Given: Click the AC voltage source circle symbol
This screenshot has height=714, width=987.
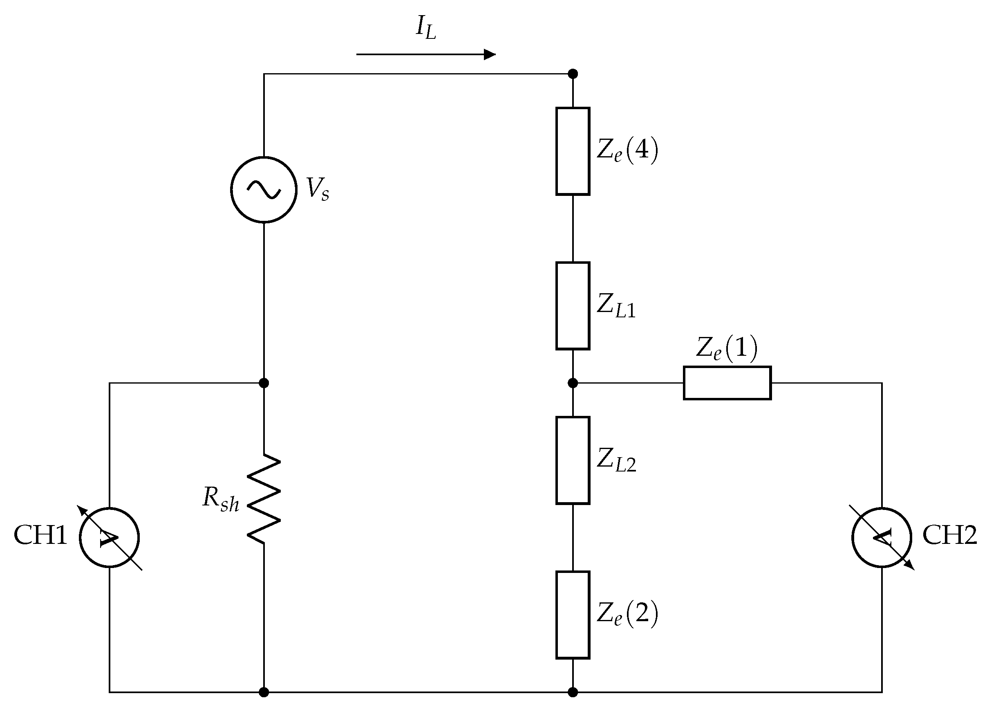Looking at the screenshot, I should pyautogui.click(x=264, y=190).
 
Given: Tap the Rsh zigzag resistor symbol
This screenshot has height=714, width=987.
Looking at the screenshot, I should pyautogui.click(x=264, y=498).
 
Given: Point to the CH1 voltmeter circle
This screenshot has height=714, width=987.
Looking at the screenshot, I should pyautogui.click(x=109, y=538).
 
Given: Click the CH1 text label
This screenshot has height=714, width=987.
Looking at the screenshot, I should pyautogui.click(x=40, y=536).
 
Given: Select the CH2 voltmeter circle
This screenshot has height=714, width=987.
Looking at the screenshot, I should pyautogui.click(x=882, y=538).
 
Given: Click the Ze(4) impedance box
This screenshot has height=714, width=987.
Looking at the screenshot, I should pyautogui.click(x=573, y=151).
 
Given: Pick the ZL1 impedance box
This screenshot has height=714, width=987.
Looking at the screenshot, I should pyautogui.click(x=573, y=305).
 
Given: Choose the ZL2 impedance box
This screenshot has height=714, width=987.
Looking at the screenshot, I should pyautogui.click(x=573, y=460).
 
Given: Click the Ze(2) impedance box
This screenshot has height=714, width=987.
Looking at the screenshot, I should pyautogui.click(x=573, y=615).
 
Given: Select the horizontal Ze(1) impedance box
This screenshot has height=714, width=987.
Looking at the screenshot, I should pyautogui.click(x=727, y=383).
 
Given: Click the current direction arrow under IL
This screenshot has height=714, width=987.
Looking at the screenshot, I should pyautogui.click(x=425, y=54).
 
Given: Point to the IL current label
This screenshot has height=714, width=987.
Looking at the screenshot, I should pyautogui.click(x=425, y=29).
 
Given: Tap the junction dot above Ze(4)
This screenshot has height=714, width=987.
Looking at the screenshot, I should pyautogui.click(x=573, y=74).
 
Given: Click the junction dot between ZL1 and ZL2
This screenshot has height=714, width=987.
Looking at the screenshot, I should pyautogui.click(x=573, y=383).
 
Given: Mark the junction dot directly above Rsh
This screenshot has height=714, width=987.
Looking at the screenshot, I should pyautogui.click(x=264, y=383).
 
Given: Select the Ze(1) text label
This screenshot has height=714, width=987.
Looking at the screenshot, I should pyautogui.click(x=727, y=348).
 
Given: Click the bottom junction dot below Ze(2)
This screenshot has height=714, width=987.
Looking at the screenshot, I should pyautogui.click(x=573, y=692).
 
